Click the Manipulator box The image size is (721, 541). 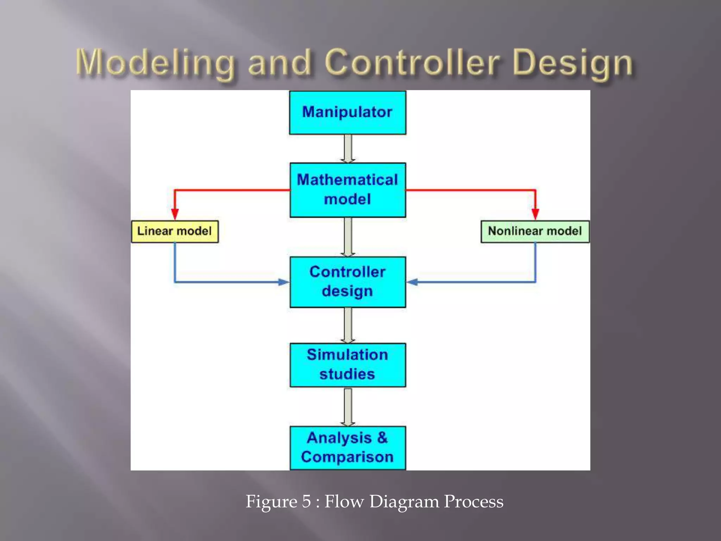click(347, 113)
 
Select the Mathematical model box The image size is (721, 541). click(347, 190)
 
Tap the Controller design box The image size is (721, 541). click(347, 282)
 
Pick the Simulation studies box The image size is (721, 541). click(347, 365)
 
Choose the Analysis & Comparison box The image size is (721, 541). click(347, 448)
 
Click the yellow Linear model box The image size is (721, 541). click(175, 231)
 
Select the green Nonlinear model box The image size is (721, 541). click(535, 231)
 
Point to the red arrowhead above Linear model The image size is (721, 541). click(175, 213)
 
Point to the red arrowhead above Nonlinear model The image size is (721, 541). click(535, 213)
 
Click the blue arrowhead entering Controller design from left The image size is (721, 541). click(283, 282)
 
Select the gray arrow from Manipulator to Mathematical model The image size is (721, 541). click(347, 149)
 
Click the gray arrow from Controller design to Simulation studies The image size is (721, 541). click(347, 325)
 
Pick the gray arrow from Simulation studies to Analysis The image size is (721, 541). click(347, 407)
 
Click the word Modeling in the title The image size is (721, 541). click(155, 63)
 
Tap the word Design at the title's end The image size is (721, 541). click(573, 63)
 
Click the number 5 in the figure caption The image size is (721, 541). click(306, 501)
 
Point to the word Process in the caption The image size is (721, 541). click(473, 501)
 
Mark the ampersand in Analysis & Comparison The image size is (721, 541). click(382, 438)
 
